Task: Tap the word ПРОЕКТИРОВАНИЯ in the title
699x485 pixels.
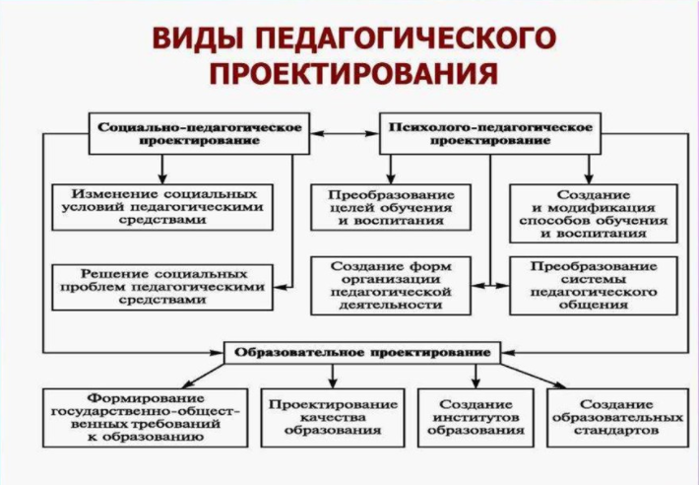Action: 349,76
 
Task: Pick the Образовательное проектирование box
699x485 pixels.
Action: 361,352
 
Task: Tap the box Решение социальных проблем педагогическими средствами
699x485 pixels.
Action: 162,285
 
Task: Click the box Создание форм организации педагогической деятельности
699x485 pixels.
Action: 391,285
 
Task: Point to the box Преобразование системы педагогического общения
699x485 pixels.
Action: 593,285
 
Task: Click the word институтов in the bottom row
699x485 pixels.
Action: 477,418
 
